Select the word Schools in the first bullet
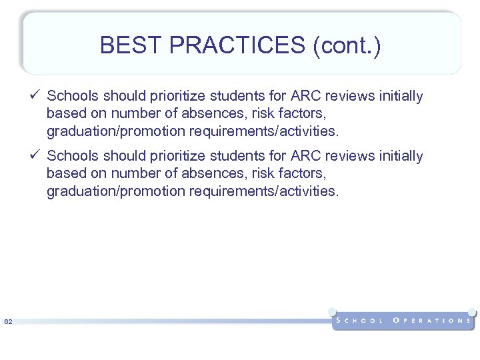pyautogui.click(x=71, y=97)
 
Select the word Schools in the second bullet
pyautogui.click(x=71, y=156)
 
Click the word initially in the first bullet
pyautogui.click(x=401, y=97)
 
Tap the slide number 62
pyautogui.click(x=8, y=323)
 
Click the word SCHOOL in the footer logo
pyautogui.click(x=361, y=321)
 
